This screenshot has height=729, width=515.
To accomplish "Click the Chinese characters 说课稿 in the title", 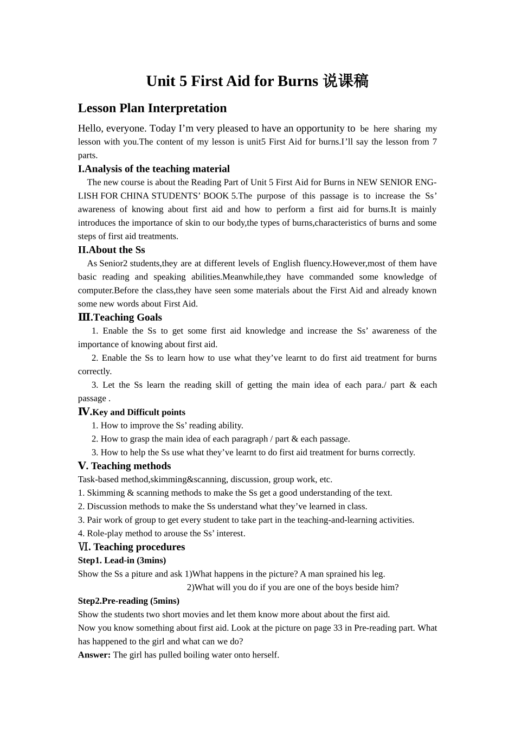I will coord(345,81).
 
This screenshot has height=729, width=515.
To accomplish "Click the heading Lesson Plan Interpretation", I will coord(152,108).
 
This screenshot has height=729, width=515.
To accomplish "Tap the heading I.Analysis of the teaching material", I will coord(154,169).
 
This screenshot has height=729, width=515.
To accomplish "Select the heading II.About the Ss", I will coord(112,250).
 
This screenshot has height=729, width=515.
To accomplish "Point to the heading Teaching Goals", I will coord(127,317).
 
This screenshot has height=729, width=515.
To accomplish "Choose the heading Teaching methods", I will coord(131,466).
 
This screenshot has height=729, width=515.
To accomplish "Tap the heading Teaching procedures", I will coord(139,547).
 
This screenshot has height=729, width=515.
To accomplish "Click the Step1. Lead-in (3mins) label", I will coord(122,560).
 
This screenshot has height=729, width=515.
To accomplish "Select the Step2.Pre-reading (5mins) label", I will coord(128,601).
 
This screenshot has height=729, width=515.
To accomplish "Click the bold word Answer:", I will coord(94,655).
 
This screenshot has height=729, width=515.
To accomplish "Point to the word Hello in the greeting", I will coord(89,129).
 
